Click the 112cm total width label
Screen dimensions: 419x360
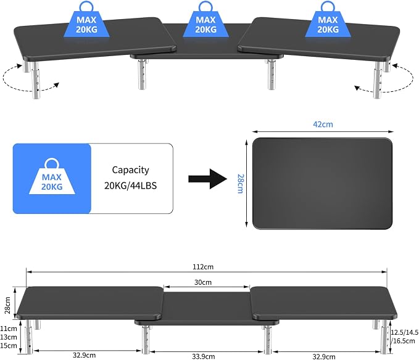[203, 267]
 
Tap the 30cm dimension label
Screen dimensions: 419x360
[203, 282]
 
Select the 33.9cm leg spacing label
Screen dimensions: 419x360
[204, 356]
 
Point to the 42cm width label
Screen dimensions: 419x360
[323, 124]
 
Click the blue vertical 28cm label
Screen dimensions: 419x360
[241, 184]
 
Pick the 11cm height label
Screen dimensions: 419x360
[8, 329]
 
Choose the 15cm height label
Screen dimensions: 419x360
[8, 346]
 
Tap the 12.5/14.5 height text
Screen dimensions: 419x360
[405, 332]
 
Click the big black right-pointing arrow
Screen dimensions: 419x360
[207, 179]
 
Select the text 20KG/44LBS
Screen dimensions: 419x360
[130, 186]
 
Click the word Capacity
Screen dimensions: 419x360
[130, 170]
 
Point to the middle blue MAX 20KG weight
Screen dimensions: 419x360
[205, 20]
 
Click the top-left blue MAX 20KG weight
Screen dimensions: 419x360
[86, 20]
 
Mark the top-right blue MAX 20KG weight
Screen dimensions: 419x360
[328, 20]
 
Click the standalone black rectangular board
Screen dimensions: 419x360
[323, 184]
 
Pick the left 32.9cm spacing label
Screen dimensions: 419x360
[84, 355]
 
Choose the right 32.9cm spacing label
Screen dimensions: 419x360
[324, 356]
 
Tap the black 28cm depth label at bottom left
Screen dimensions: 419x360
[7, 305]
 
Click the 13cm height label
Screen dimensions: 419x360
[8, 337]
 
